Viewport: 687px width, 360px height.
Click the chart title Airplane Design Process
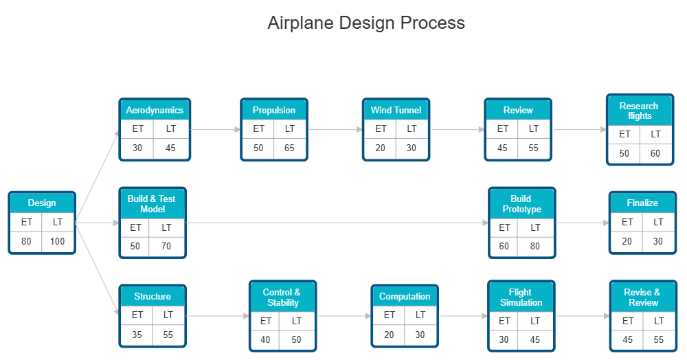point(365,23)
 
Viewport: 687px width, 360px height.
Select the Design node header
point(42,203)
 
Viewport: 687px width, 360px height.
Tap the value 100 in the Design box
point(58,241)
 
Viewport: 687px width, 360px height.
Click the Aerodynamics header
point(155,110)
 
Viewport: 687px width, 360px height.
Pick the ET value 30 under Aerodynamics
point(137,148)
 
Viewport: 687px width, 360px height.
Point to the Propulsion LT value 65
point(290,148)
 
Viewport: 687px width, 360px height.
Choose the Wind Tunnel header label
point(396,110)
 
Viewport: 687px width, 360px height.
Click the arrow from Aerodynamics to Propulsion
point(216,129)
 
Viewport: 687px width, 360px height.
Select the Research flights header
point(639,111)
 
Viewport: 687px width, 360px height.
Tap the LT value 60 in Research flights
point(655,153)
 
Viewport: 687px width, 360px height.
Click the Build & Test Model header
point(152,203)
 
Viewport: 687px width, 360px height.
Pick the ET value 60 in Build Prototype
point(505,246)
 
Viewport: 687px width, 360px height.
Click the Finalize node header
point(642,203)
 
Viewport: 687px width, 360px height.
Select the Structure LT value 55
point(168,335)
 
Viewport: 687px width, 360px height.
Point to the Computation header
point(405,296)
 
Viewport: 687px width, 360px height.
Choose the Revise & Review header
point(642,297)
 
